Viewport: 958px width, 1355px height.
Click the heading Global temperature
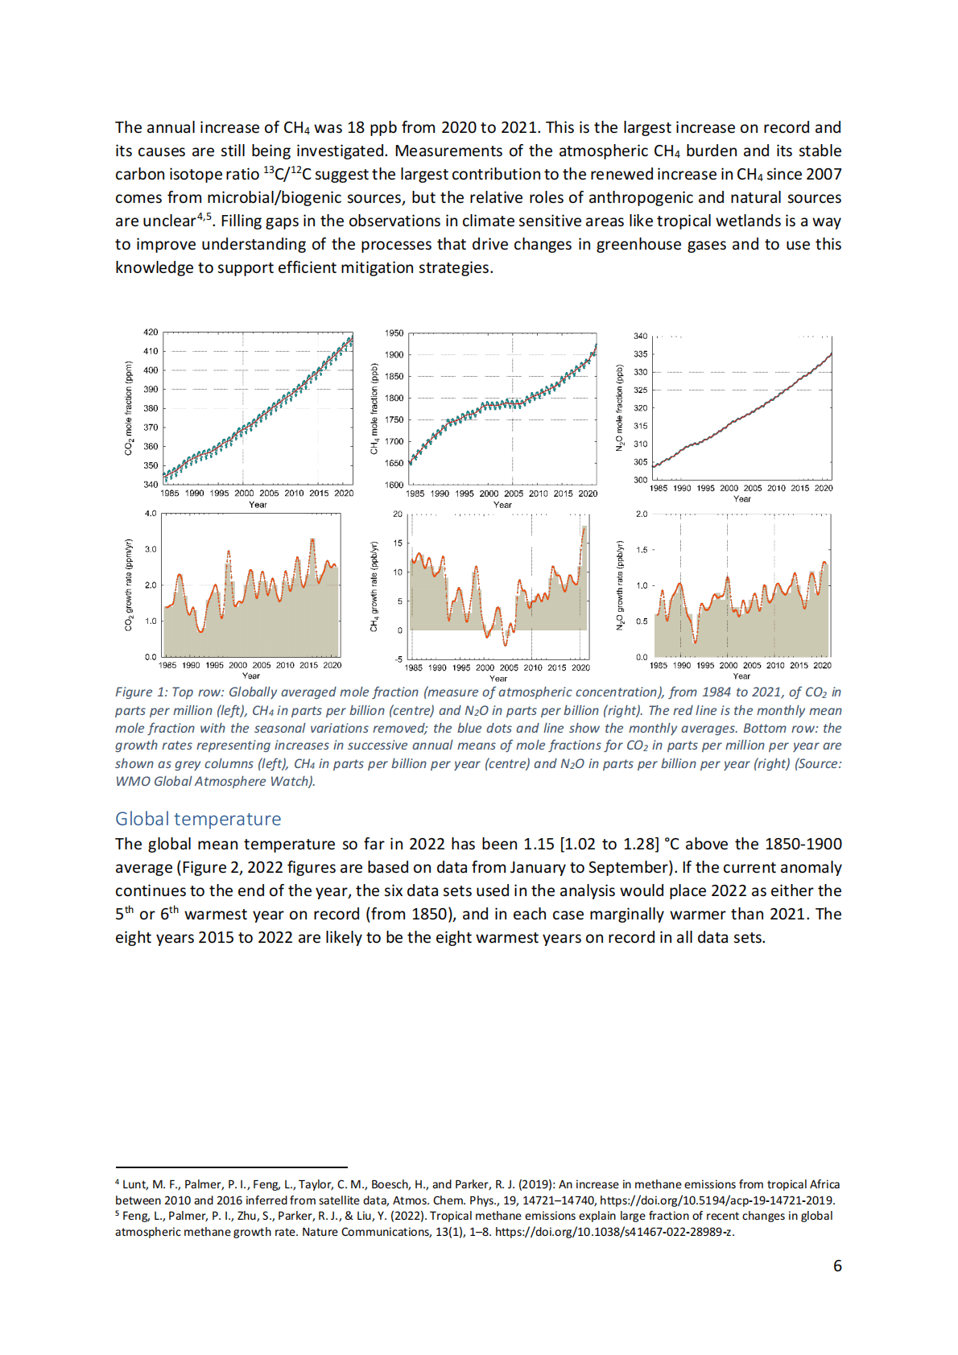click(x=198, y=819)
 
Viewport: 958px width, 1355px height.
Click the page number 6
click(x=837, y=1266)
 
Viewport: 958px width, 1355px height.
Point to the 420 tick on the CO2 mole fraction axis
click(x=151, y=332)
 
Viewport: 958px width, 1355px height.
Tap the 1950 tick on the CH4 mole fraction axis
click(x=394, y=333)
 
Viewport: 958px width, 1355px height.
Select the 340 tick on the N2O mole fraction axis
click(x=640, y=336)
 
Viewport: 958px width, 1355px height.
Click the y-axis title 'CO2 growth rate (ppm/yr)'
click(x=129, y=585)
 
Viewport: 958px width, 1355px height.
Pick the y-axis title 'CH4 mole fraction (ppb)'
click(x=374, y=408)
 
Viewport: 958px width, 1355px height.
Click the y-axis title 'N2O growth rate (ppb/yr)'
click(x=619, y=585)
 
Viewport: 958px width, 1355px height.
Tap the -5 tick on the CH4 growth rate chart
click(x=398, y=659)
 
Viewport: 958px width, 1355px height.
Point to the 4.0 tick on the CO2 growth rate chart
click(x=151, y=514)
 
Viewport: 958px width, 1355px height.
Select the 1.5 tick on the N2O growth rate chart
click(x=642, y=550)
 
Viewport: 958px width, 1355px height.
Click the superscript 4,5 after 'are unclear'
click(x=204, y=217)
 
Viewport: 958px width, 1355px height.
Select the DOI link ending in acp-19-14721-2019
click(x=717, y=1200)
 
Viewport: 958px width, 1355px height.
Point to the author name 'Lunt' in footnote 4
click(x=134, y=1184)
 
